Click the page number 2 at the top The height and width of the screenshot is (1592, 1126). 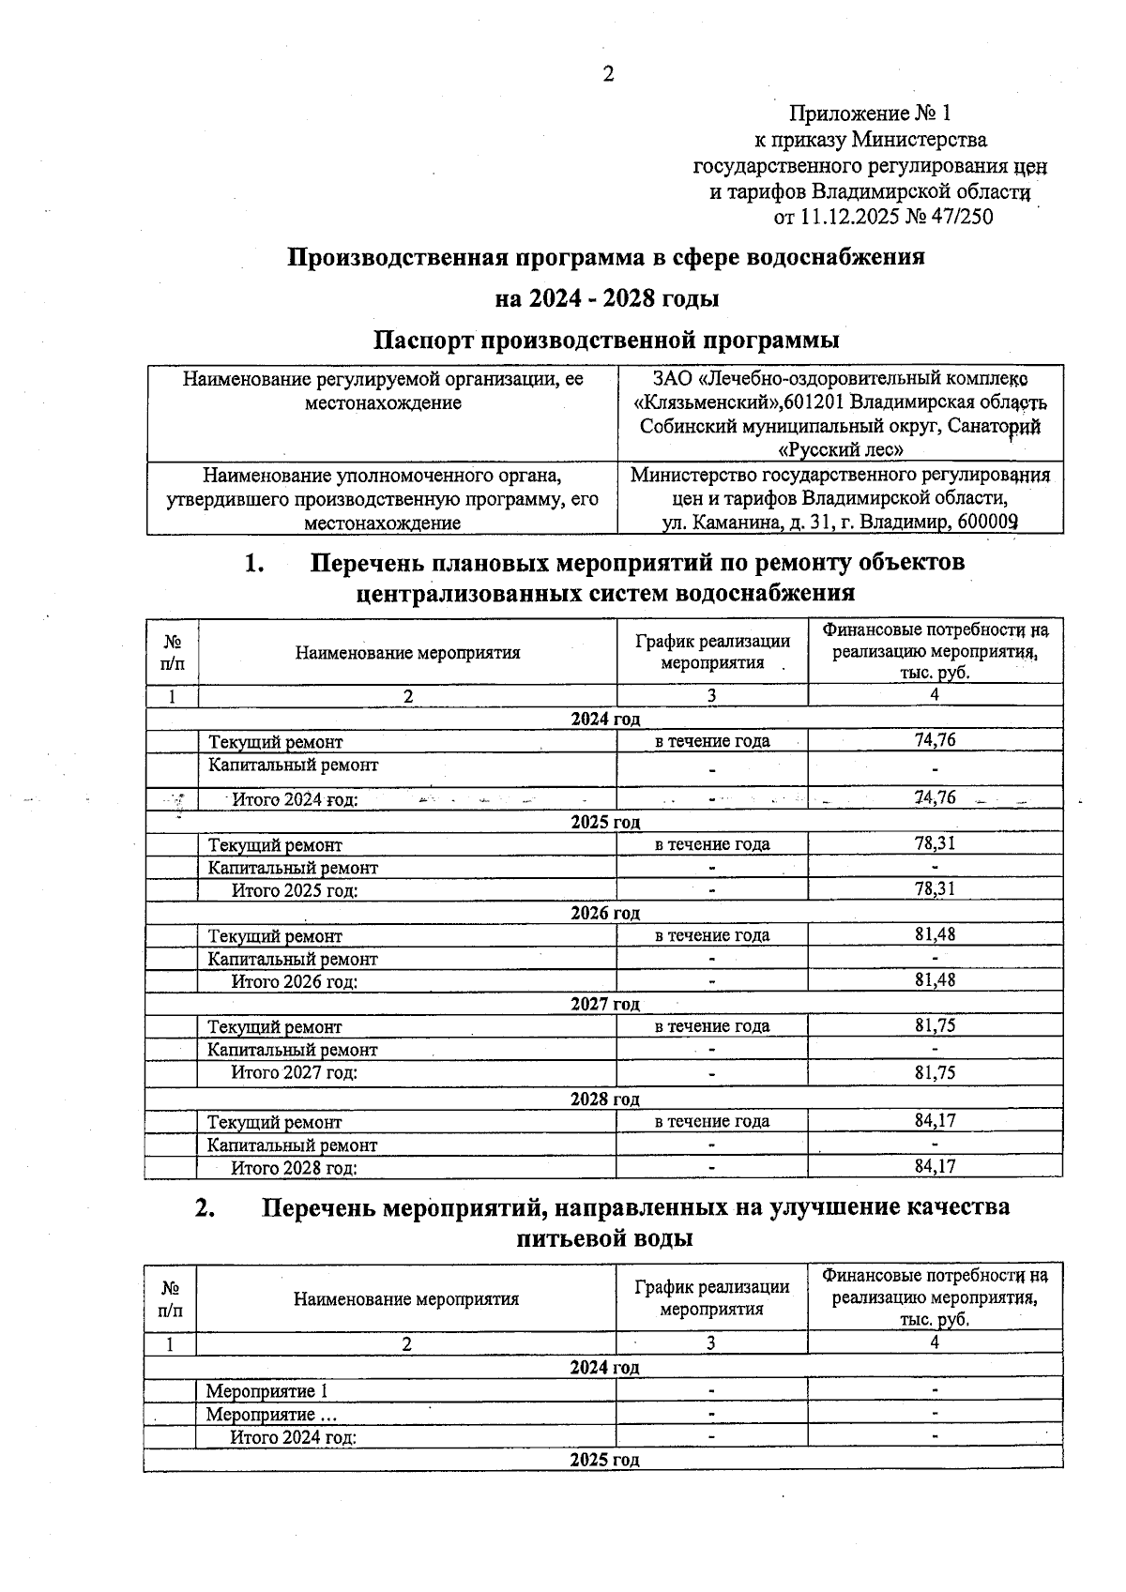pos(608,74)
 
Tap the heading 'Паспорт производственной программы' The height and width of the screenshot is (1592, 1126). pos(606,339)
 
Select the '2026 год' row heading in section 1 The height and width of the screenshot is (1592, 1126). pos(605,913)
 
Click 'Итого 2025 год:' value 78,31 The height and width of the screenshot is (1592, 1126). pos(935,888)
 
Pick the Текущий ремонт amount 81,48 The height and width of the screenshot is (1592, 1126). pos(935,934)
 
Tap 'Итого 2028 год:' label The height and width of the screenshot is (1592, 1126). pos(295,1168)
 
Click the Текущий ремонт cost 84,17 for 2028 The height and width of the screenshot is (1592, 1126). pos(935,1120)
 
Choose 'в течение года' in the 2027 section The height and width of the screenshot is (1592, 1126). pos(711,1026)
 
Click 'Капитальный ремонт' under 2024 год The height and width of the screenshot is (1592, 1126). pos(293,765)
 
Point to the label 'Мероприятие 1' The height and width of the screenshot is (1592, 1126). pos(267,1390)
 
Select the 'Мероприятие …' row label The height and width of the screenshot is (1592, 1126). pos(271,1414)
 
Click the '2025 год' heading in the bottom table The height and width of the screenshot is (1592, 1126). pos(604,1460)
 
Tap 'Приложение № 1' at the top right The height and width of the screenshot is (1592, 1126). pos(869,114)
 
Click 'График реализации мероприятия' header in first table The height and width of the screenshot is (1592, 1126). pos(711,652)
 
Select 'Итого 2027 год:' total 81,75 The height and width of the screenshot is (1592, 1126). pos(935,1072)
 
